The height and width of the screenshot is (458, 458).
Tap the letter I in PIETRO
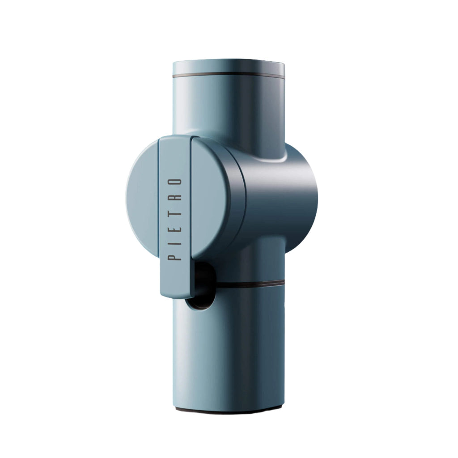[x=175, y=242]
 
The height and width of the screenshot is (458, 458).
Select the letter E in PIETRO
[x=175, y=227]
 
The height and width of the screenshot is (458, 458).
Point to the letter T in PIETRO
[x=175, y=212]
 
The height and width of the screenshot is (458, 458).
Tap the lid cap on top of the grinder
[x=229, y=68]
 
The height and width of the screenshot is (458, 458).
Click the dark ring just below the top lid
[x=229, y=76]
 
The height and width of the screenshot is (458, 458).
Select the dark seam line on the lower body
[x=250, y=283]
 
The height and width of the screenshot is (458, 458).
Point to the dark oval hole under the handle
[x=202, y=286]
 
